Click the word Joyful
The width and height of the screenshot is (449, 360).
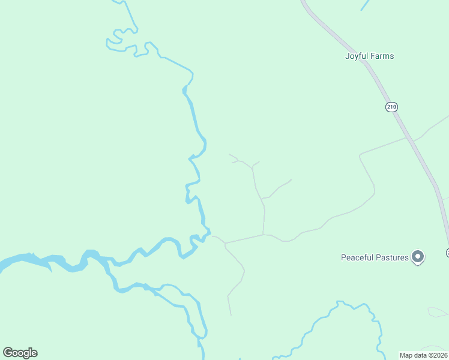tap(356, 56)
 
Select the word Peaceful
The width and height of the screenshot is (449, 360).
tap(359, 258)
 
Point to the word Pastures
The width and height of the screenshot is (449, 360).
tap(393, 258)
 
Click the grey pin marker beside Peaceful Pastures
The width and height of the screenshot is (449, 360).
tap(418, 257)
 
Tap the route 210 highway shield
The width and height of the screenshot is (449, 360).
tap(391, 107)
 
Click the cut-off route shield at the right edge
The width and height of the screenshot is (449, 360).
tap(447, 253)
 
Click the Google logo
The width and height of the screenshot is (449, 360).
tap(20, 353)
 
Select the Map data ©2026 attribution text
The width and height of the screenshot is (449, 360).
tap(424, 355)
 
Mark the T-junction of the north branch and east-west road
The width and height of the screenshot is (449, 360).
tap(264, 235)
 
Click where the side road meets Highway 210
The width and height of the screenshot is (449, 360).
tap(411, 140)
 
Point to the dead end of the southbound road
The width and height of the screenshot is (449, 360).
tap(231, 315)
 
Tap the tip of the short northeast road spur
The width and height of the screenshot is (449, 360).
tap(291, 179)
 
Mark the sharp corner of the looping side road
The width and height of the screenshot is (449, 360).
tap(360, 157)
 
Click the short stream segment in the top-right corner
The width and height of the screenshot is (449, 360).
tap(364, 5)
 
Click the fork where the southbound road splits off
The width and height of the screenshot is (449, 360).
tap(225, 244)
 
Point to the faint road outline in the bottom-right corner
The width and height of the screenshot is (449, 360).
tap(437, 312)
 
